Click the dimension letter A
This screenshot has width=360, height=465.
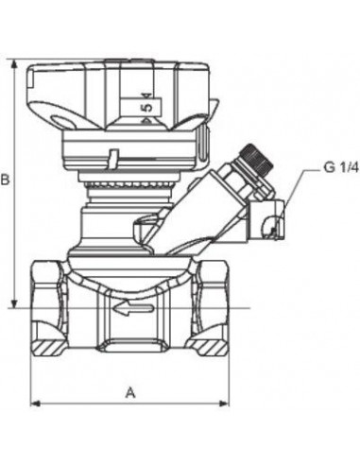130,390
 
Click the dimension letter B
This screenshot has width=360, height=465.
8,179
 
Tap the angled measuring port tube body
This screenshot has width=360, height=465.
203,203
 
